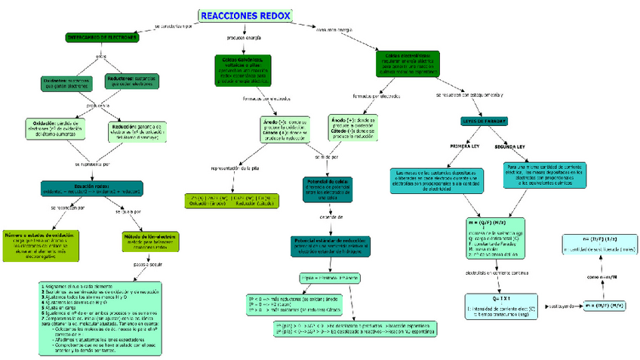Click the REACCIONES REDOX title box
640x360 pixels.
(246, 16)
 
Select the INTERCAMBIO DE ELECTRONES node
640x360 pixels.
(101, 36)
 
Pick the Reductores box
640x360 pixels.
(131, 82)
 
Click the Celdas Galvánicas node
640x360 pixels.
(245, 69)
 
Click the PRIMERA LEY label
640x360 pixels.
(465, 146)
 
